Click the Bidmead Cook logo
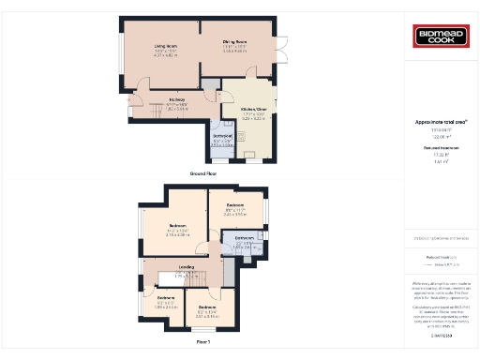(441, 37)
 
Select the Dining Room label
(234, 42)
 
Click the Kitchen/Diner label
(254, 110)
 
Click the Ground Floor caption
(203, 174)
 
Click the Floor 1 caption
(203, 342)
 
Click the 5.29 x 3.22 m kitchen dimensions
(254, 120)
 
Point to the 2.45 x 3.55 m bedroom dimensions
(234, 214)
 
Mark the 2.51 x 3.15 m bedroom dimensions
(207, 316)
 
